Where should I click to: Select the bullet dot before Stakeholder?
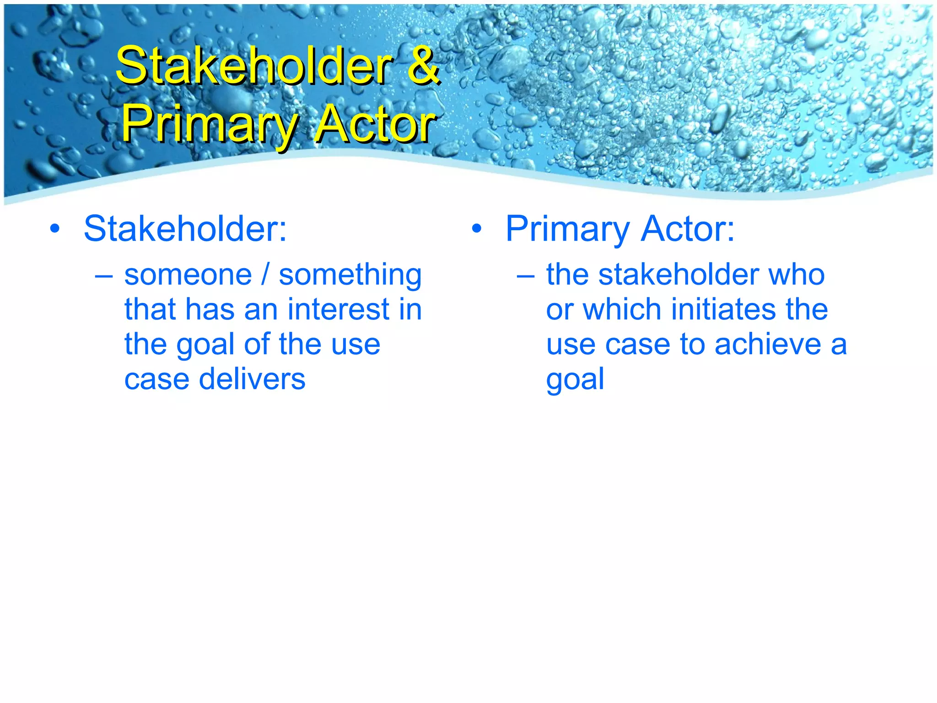[x=55, y=229]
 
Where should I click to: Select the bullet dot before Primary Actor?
[x=477, y=229]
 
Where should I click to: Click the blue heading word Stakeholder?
[x=185, y=229]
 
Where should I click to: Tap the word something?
[x=350, y=276]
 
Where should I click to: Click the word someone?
[x=188, y=276]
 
